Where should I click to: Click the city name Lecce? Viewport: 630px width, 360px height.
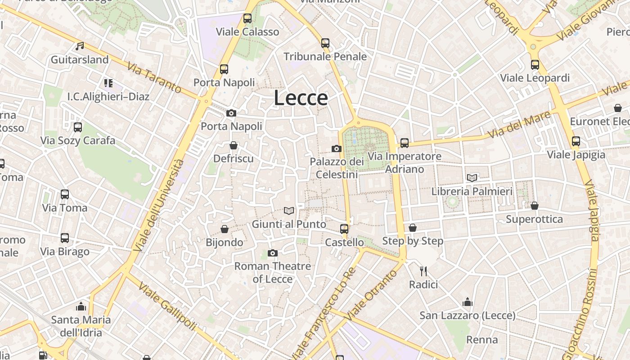click(301, 98)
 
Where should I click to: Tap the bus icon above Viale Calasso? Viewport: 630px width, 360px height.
click(247, 18)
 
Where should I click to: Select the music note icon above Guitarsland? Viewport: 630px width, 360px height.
click(80, 46)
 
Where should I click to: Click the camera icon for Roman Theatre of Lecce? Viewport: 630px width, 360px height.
click(272, 253)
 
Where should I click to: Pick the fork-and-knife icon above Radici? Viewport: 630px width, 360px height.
click(423, 271)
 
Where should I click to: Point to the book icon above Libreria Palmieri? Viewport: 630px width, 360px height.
click(472, 178)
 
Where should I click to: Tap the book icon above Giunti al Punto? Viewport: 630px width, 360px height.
click(289, 211)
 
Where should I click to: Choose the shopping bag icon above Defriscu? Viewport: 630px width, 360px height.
click(233, 145)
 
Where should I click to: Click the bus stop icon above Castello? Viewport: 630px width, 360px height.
click(344, 229)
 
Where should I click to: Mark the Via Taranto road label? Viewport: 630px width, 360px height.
click(154, 78)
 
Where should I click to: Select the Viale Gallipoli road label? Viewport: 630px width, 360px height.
click(167, 306)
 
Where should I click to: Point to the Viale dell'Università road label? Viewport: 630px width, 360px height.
click(159, 205)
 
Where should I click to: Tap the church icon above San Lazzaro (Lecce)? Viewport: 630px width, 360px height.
click(468, 302)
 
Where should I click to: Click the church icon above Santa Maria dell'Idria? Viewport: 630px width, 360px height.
click(81, 306)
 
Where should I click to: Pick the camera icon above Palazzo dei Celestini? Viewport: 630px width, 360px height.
click(336, 148)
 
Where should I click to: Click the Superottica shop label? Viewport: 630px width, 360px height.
click(534, 219)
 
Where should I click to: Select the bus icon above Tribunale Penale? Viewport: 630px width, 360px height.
click(325, 43)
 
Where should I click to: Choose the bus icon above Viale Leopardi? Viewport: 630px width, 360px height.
click(535, 65)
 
